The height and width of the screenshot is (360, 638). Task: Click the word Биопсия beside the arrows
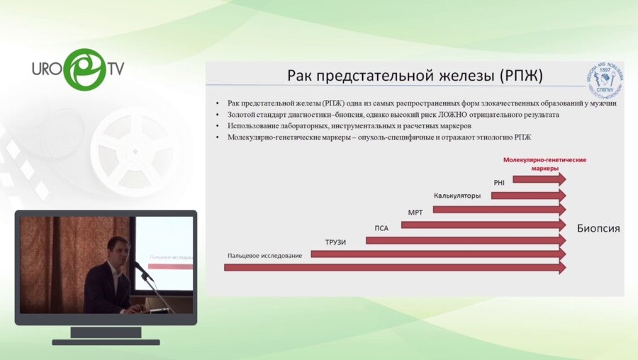pyautogui.click(x=598, y=228)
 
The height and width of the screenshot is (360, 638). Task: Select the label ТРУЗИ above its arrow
pyautogui.click(x=335, y=242)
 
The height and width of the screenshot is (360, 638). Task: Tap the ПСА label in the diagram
pyautogui.click(x=381, y=227)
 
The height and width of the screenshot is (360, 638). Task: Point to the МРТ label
pyautogui.click(x=415, y=212)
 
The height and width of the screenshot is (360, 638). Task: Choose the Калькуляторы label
pyautogui.click(x=457, y=196)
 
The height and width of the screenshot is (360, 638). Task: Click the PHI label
pyautogui.click(x=499, y=182)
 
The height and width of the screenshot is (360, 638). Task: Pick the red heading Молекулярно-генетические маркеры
pyautogui.click(x=544, y=164)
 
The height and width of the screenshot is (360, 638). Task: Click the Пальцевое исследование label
pyautogui.click(x=265, y=255)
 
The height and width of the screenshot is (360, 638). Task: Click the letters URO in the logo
pyautogui.click(x=46, y=69)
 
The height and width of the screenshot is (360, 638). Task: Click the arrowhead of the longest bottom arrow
pyautogui.click(x=562, y=268)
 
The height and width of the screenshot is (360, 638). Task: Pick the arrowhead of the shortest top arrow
pyautogui.click(x=562, y=180)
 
